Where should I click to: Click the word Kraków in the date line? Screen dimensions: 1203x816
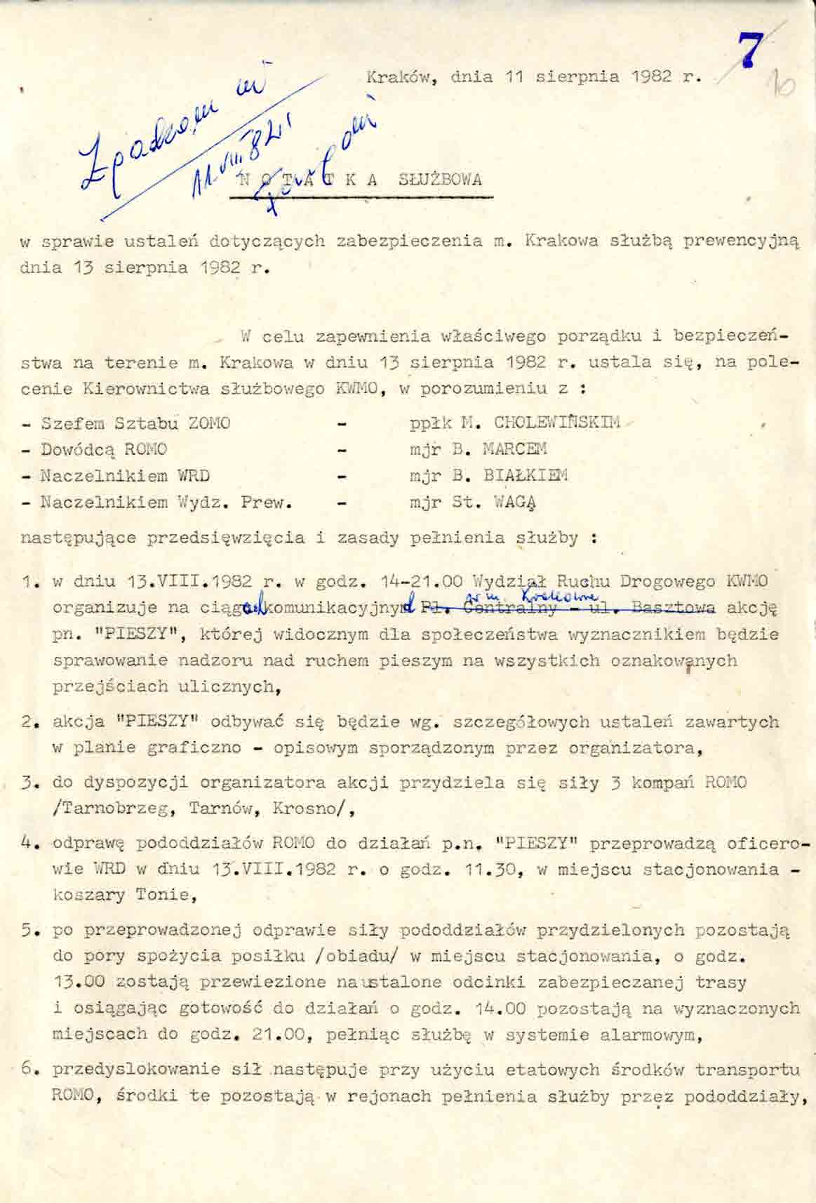[397, 77]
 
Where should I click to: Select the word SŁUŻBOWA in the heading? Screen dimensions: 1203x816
[440, 180]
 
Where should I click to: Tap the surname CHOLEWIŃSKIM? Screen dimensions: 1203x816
[556, 423]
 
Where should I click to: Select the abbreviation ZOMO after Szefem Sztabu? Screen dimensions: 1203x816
[210, 423]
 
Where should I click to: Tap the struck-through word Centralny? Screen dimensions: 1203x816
[520, 608]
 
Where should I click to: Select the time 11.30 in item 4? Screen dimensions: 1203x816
[492, 870]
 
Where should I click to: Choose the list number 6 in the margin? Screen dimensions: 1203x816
[28, 1069]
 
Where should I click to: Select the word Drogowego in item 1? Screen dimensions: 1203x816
[657, 582]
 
